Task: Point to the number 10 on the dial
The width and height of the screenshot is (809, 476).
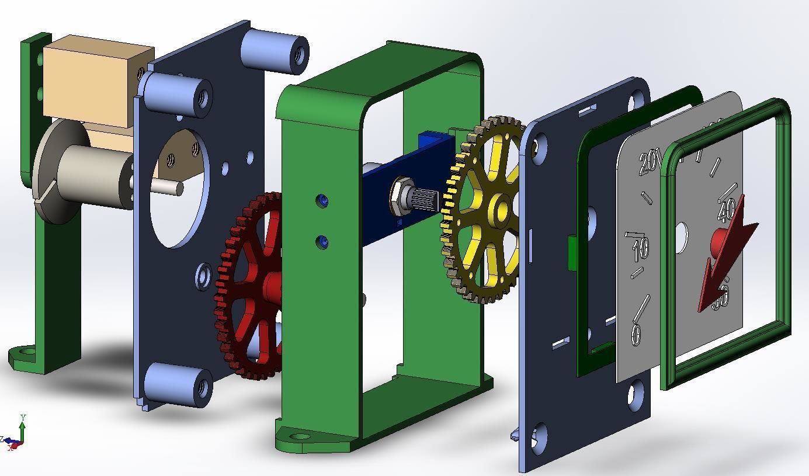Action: coord(640,249)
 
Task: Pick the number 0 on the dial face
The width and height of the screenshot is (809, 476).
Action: coord(636,333)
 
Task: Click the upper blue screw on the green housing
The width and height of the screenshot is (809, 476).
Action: coord(323,201)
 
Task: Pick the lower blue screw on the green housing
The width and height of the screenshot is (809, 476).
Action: coord(322,242)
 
